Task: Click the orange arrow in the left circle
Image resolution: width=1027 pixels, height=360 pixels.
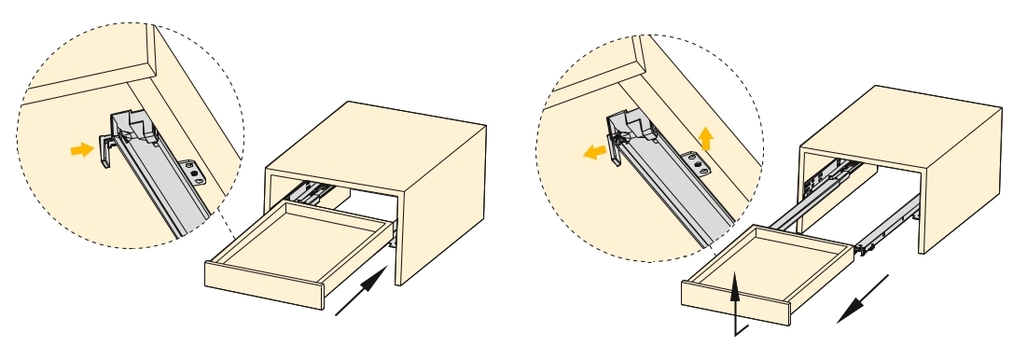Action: pos(83,149)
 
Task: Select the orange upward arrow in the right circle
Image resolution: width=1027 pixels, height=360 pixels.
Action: pos(707,140)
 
